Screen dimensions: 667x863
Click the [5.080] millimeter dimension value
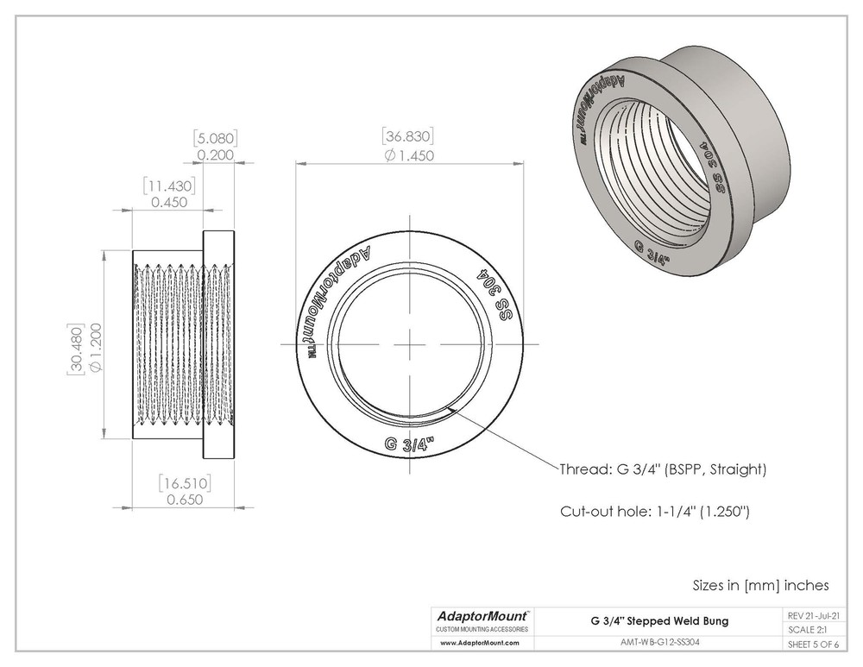point(216,138)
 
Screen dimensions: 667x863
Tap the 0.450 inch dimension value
point(169,203)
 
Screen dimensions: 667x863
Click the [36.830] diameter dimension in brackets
point(406,137)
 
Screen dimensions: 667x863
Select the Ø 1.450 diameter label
point(407,155)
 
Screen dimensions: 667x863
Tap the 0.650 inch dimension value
point(184,500)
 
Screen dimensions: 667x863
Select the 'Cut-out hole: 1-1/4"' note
point(654,512)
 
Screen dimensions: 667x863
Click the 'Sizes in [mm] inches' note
point(760,585)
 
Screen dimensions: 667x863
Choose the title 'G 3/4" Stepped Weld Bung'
point(659,620)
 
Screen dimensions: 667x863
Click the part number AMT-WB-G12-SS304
point(659,643)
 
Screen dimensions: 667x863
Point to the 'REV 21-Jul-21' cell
point(816,616)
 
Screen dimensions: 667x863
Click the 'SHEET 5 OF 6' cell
point(816,645)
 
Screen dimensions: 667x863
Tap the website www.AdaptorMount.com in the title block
point(479,643)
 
